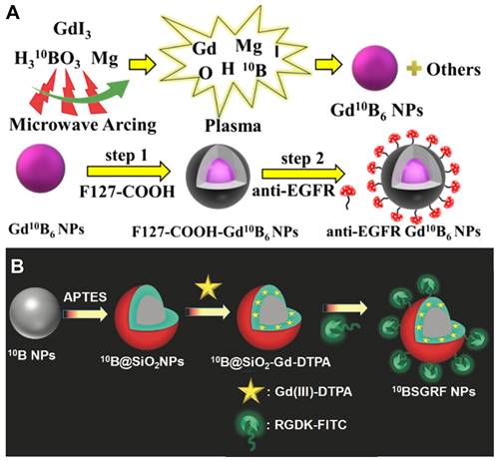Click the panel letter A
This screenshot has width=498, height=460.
tap(12, 14)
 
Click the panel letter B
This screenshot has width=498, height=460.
tap(17, 266)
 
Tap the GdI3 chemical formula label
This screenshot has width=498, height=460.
tap(72, 30)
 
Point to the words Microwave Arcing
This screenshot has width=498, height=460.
tap(83, 125)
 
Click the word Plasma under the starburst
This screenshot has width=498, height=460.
tap(233, 126)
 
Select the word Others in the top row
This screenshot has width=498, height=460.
tap(453, 70)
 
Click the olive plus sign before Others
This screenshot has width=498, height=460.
tap(414, 70)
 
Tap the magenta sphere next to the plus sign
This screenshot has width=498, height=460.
tap(375, 68)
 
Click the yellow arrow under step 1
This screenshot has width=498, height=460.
tap(129, 172)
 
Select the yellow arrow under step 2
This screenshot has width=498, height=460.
tap(303, 174)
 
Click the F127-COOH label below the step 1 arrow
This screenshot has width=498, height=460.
tap(127, 192)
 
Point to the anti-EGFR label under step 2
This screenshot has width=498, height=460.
tap(293, 192)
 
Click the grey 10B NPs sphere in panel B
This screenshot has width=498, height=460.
tap(35, 313)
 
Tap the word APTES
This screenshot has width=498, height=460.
tap(85, 296)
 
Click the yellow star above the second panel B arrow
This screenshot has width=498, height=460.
tap(208, 287)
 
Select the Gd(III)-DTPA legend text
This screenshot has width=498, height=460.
tap(313, 392)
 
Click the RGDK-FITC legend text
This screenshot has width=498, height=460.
tap(310, 425)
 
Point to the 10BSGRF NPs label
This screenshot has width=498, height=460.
tap(433, 391)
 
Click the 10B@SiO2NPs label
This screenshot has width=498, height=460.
tap(143, 361)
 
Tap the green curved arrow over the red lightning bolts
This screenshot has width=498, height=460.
tap(81, 94)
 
